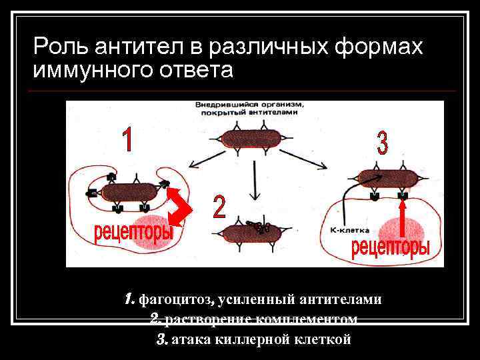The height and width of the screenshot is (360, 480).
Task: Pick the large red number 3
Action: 382,144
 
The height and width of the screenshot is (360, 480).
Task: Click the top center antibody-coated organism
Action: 252,139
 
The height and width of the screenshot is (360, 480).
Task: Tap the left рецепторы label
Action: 133,233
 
